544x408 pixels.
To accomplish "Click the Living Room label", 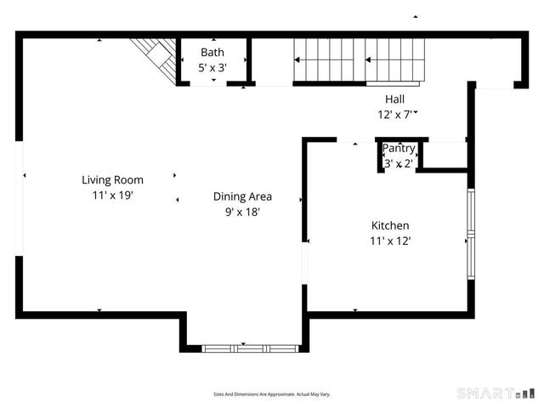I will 112,179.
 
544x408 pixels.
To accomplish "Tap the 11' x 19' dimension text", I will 112,195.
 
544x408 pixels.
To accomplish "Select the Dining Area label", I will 242,196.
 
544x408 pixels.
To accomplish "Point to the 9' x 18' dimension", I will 242,212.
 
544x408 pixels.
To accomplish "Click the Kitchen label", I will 390,225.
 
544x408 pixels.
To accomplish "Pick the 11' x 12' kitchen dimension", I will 390,241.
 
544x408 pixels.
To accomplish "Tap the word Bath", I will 212,52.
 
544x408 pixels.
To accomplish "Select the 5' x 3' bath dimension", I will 212,67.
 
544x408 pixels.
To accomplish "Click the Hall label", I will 394,99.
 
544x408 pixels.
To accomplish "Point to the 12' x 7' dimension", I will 394,114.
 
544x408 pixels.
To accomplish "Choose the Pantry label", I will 398,149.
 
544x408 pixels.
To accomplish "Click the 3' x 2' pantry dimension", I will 398,163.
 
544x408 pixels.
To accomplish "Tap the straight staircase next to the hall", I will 357,60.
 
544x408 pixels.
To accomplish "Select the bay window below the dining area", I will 251,348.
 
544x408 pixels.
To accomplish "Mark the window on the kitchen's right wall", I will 470,229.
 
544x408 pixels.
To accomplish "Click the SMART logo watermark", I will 497,394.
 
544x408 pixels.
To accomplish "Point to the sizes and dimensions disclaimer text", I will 271,394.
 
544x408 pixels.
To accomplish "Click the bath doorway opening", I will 213,83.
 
